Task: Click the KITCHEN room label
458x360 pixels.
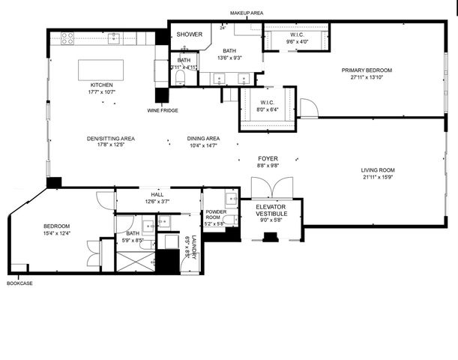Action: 102,85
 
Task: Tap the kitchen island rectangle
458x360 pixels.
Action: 107,69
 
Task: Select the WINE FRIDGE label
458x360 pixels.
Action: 163,111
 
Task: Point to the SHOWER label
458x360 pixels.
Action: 189,34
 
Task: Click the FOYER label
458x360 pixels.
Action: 268,158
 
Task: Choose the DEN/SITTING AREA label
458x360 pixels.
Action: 110,138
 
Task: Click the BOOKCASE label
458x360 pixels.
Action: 19,283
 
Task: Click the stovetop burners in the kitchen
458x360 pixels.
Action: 67,37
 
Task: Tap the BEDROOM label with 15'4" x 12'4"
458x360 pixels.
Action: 56,226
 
